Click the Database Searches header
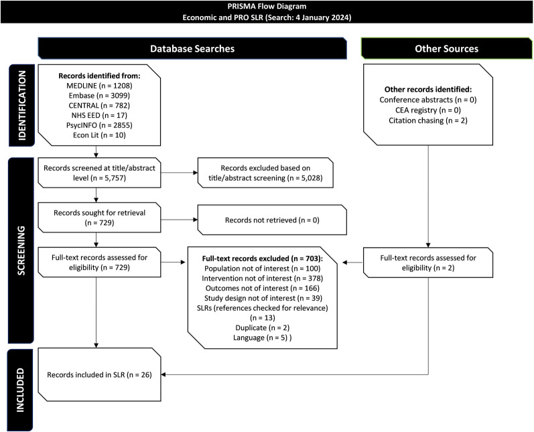coord(192,48)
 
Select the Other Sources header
coord(446,48)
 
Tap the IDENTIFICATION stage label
coord(21,105)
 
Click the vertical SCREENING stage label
coord(21,250)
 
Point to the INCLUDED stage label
coord(20,390)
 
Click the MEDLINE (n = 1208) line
coord(99,86)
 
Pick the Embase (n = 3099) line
coord(99,96)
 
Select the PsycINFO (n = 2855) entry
coord(99,125)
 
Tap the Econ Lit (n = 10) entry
coord(99,135)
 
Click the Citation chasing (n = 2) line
coord(428,121)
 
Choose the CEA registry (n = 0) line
coord(428,111)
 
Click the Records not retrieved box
coord(272,220)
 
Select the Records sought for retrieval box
coord(99,218)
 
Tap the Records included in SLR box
coord(99,374)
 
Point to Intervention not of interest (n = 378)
coord(263,279)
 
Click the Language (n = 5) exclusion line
coord(263,338)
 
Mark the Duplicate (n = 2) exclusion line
coord(263,328)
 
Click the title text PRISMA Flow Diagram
coord(267,7)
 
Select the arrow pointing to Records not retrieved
coord(179,220)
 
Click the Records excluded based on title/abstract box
coord(265,173)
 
